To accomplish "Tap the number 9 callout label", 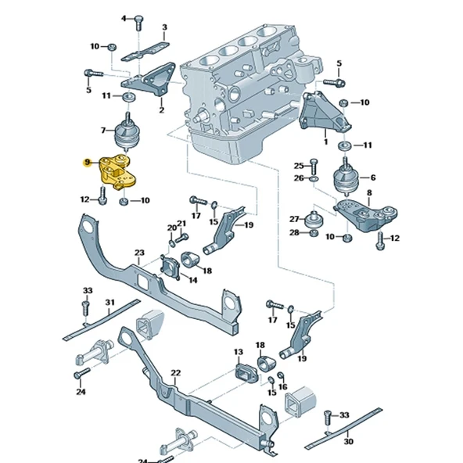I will pyautogui.click(x=87, y=163).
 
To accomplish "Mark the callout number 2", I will pyautogui.click(x=161, y=110).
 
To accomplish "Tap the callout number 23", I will pyautogui.click(x=139, y=253).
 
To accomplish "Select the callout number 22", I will pyautogui.click(x=176, y=373).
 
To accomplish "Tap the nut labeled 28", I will pyautogui.click(x=312, y=232).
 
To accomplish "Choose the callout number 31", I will pyautogui.click(x=109, y=303).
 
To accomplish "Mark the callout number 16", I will pyautogui.click(x=282, y=386).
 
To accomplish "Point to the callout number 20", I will pyautogui.click(x=171, y=228).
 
